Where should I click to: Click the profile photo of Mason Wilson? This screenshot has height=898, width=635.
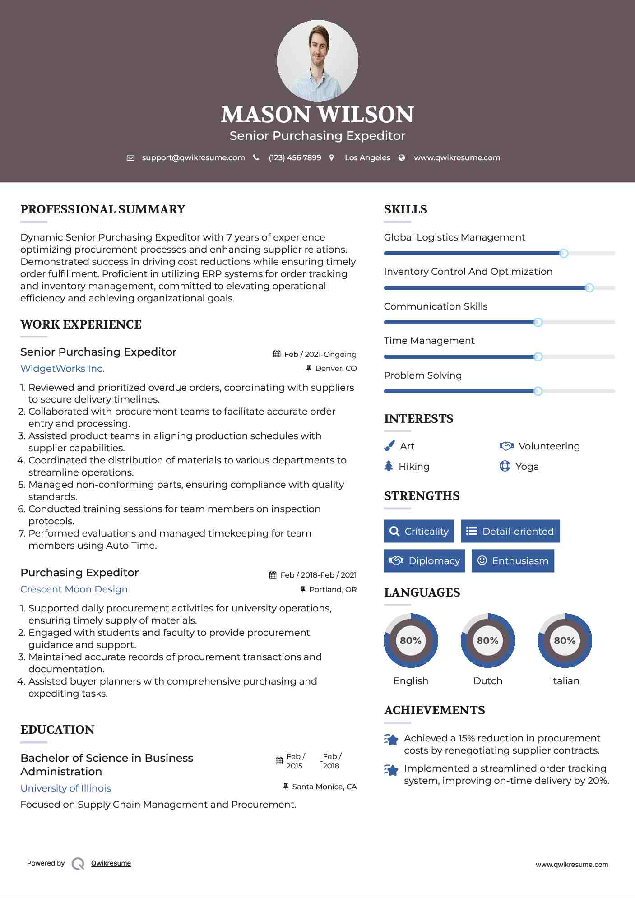coord(317,60)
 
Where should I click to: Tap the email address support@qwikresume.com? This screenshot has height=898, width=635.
coord(193,157)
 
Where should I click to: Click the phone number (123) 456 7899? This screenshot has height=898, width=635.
coord(295,157)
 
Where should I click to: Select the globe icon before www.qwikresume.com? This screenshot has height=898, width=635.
coord(402,157)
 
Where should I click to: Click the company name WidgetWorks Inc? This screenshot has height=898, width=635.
coord(62,369)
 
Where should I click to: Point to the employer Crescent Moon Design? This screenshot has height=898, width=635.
coord(74,589)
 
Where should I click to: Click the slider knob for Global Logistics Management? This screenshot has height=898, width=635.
coord(563,254)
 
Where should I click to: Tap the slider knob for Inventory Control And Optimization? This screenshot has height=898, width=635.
coord(589,288)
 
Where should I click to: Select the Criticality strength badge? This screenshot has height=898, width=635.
coord(419,531)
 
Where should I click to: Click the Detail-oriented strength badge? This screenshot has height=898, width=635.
coord(510,531)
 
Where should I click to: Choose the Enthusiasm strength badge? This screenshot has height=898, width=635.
coord(513,560)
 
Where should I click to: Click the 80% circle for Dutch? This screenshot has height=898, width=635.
coord(487,640)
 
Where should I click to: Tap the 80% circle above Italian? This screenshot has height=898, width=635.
coord(565,640)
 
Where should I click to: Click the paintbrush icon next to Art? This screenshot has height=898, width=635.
coord(389,446)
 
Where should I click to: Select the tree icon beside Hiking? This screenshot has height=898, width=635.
coord(389,466)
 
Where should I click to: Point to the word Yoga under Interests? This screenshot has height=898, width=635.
coord(527,467)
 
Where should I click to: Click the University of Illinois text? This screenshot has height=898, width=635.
coord(65,788)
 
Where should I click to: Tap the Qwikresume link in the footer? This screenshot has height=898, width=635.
coord(111,863)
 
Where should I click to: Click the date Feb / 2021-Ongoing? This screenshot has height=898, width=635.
coord(320,354)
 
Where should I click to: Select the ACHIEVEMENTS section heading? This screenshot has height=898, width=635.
coord(434,710)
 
